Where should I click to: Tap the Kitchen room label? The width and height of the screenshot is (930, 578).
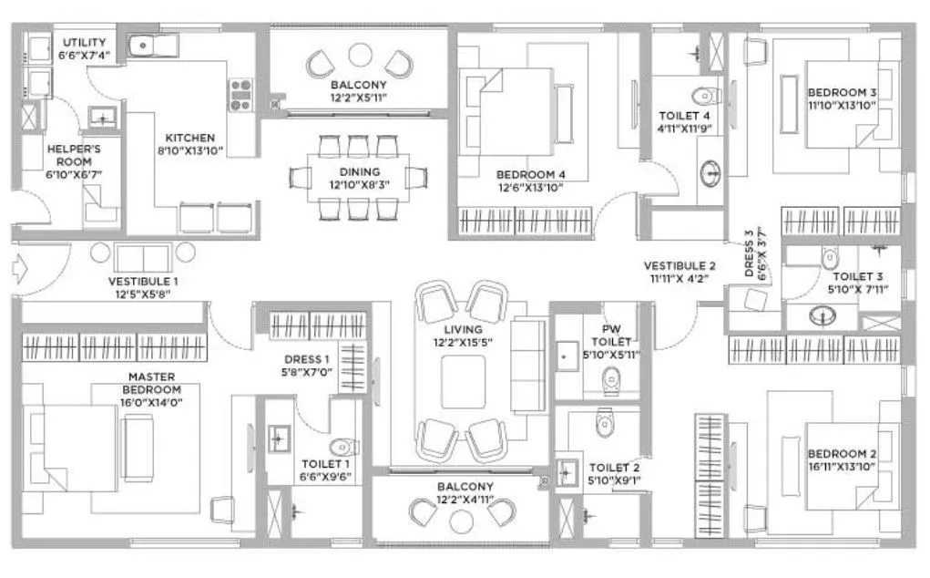click(190, 138)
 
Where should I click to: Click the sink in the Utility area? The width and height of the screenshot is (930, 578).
click(145, 45)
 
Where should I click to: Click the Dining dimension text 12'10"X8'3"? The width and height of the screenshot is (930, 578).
click(358, 184)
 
